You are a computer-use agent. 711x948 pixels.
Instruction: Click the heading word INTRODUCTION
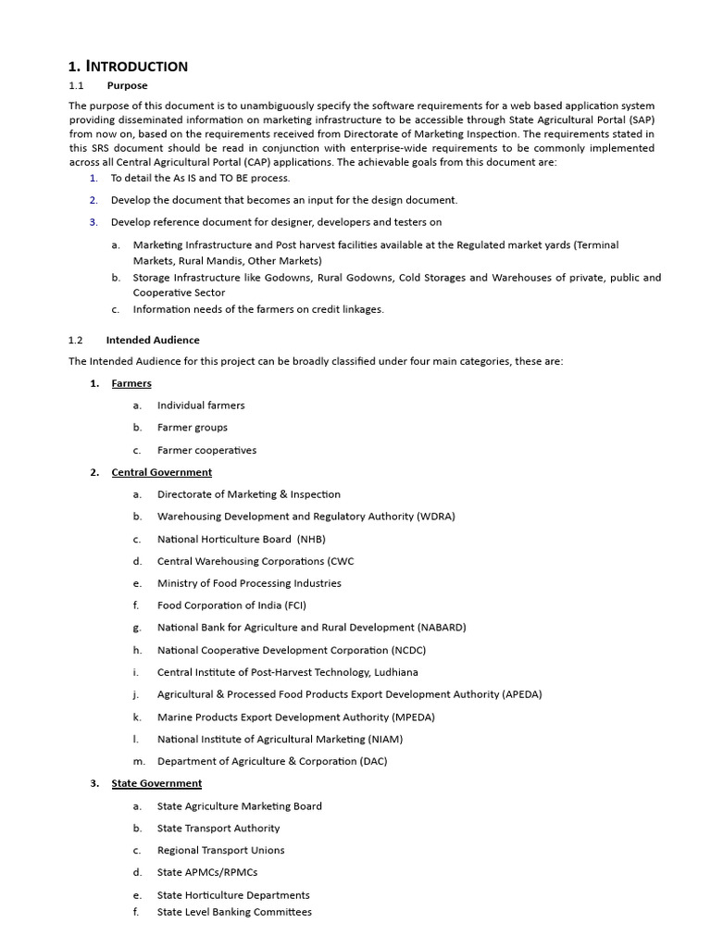[x=137, y=66]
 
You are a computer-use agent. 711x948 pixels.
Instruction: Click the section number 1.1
[x=77, y=85]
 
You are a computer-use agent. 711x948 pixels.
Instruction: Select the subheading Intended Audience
[x=153, y=340]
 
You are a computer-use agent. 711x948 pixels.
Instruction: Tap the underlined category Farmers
[x=131, y=383]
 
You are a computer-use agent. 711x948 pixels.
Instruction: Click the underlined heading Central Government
[x=161, y=472]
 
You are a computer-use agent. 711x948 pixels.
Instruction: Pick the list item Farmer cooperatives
[x=206, y=450]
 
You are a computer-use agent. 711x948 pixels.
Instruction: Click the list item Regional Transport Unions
[x=220, y=850]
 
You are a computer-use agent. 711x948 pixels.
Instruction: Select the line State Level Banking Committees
[x=234, y=912]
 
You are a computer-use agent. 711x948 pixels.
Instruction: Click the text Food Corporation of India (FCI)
[x=231, y=605]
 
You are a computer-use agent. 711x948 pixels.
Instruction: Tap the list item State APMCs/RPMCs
[x=207, y=872]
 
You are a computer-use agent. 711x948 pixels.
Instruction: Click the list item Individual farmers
[x=201, y=405]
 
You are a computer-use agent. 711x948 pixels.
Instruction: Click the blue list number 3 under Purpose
[x=94, y=222]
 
